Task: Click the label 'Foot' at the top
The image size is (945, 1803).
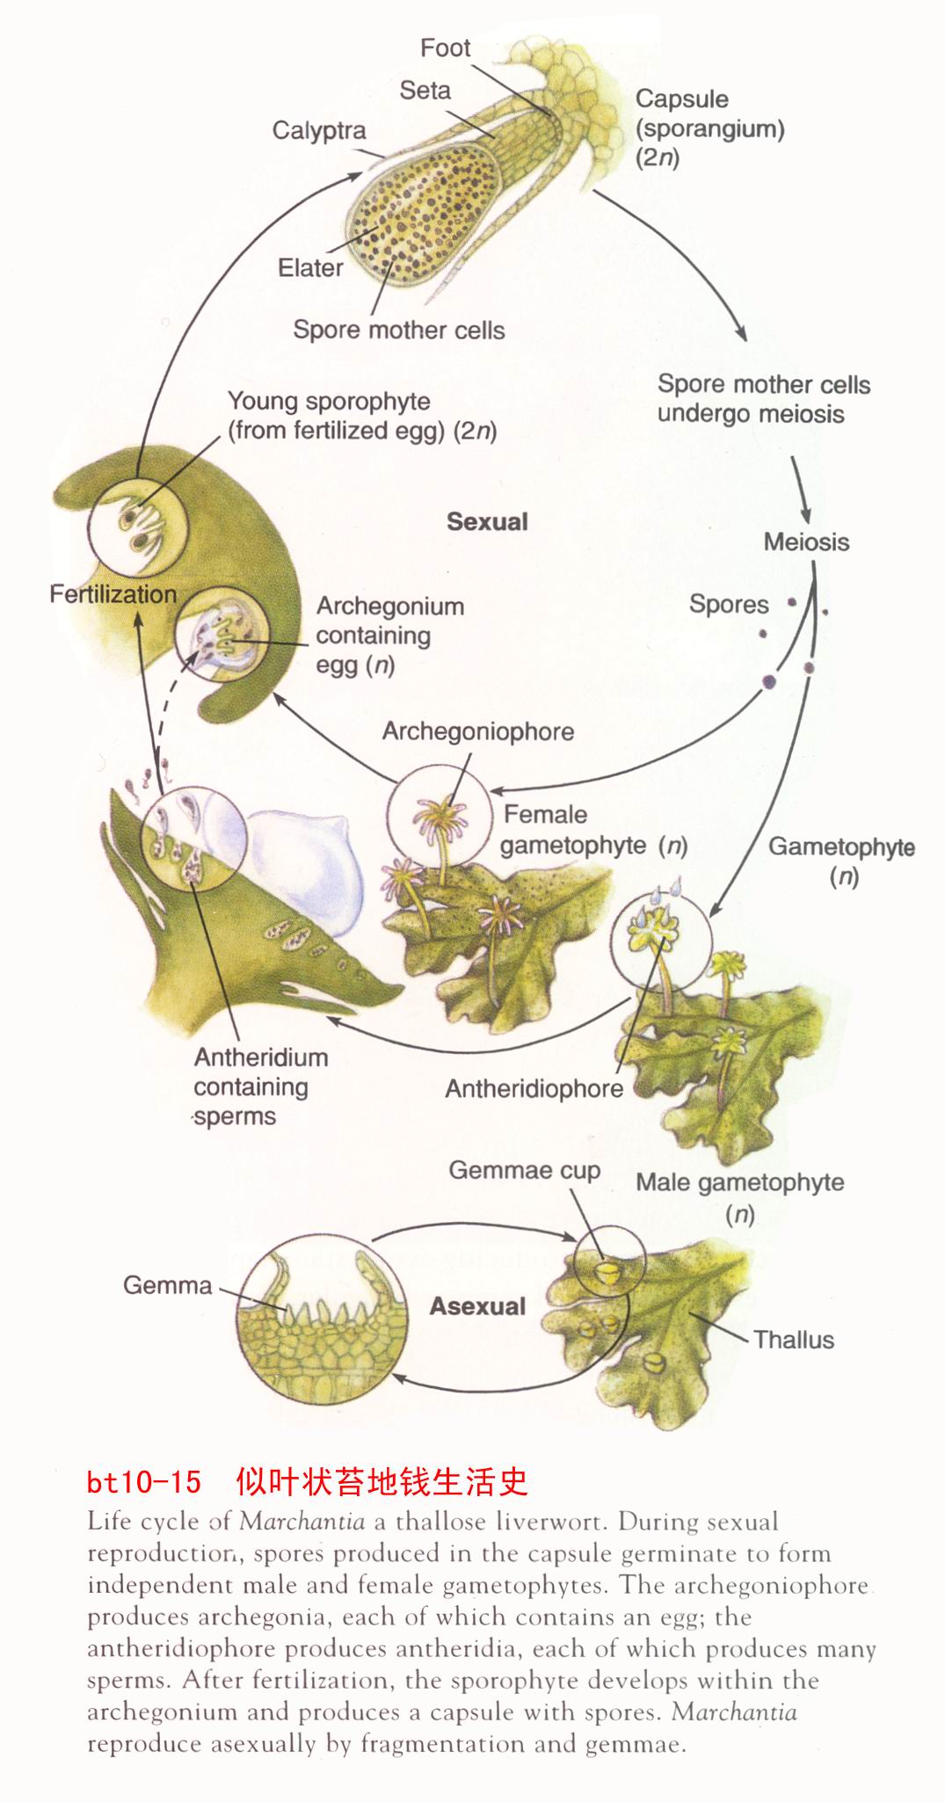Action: [x=445, y=47]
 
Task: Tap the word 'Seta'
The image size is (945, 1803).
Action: [x=425, y=90]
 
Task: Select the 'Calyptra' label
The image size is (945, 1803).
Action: [x=319, y=130]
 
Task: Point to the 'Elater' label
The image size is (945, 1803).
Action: [x=310, y=267]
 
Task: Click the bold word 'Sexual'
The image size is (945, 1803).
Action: [x=487, y=521]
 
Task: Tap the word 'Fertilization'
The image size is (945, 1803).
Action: [x=113, y=594]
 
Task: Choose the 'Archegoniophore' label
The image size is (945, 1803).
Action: [x=477, y=731]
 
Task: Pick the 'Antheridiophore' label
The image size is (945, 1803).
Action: [x=534, y=1088]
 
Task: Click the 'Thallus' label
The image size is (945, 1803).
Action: [x=794, y=1340]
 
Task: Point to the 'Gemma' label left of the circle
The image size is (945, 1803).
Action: [x=167, y=1285]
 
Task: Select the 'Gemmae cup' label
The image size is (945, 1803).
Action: [x=524, y=1170]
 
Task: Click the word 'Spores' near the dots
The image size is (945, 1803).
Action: [x=729, y=604]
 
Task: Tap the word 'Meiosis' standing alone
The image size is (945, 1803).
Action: [x=806, y=542]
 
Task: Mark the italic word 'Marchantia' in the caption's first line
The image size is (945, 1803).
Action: [x=302, y=1522]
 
